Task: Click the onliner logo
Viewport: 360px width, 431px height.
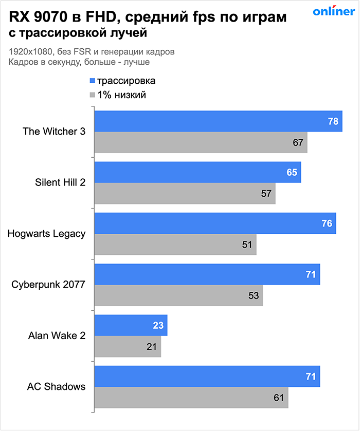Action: point(333,12)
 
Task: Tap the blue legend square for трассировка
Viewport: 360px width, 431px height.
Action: point(92,81)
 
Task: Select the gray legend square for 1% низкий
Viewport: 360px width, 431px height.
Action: point(92,95)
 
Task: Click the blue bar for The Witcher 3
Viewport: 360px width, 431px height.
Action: point(216,121)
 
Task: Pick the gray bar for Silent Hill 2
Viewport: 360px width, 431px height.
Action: point(185,193)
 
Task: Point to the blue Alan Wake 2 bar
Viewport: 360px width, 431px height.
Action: point(131,325)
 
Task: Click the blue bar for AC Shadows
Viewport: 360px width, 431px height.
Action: point(206,377)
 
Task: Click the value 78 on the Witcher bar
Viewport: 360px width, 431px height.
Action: point(333,122)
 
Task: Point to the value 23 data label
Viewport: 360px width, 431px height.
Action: point(158,325)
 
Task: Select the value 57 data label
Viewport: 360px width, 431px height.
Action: point(266,193)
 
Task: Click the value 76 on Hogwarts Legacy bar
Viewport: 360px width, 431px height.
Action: point(327,223)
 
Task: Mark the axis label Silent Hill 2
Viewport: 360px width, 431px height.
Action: point(60,182)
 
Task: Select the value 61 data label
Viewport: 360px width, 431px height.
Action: point(279,398)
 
